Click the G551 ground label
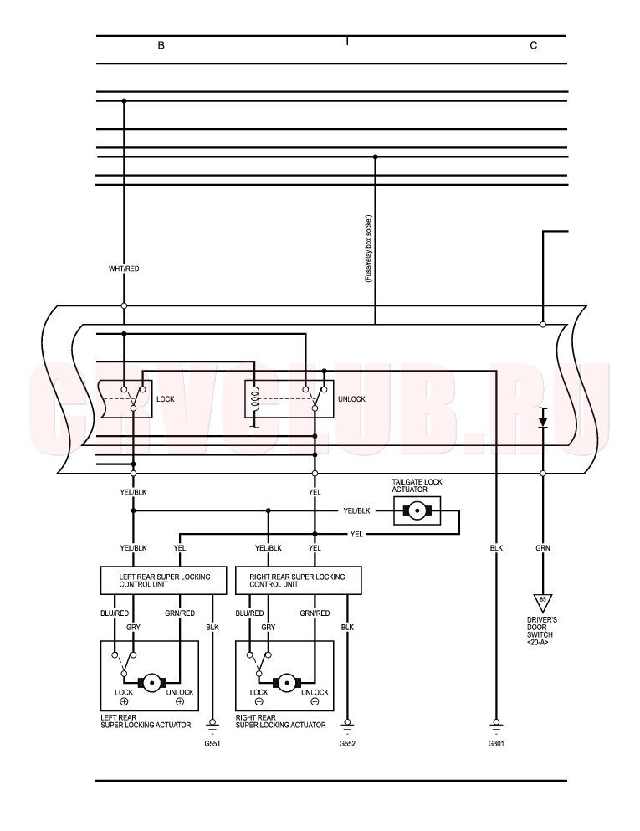(212, 744)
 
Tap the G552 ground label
(347, 744)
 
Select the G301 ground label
(496, 744)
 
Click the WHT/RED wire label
(124, 269)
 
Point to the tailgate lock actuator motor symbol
(417, 510)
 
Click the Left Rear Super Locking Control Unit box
(164, 580)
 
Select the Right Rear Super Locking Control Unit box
(299, 580)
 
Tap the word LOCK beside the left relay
(166, 399)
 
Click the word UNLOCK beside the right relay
(351, 399)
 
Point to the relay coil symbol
(255, 398)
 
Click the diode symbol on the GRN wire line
(542, 421)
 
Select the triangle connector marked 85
(542, 603)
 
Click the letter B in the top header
(161, 45)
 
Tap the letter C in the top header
(534, 45)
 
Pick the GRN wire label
(542, 548)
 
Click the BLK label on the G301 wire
(496, 548)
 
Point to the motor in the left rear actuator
(152, 683)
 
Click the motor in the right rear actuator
(287, 683)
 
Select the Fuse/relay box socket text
(369, 248)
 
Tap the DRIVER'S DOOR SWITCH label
(542, 631)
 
